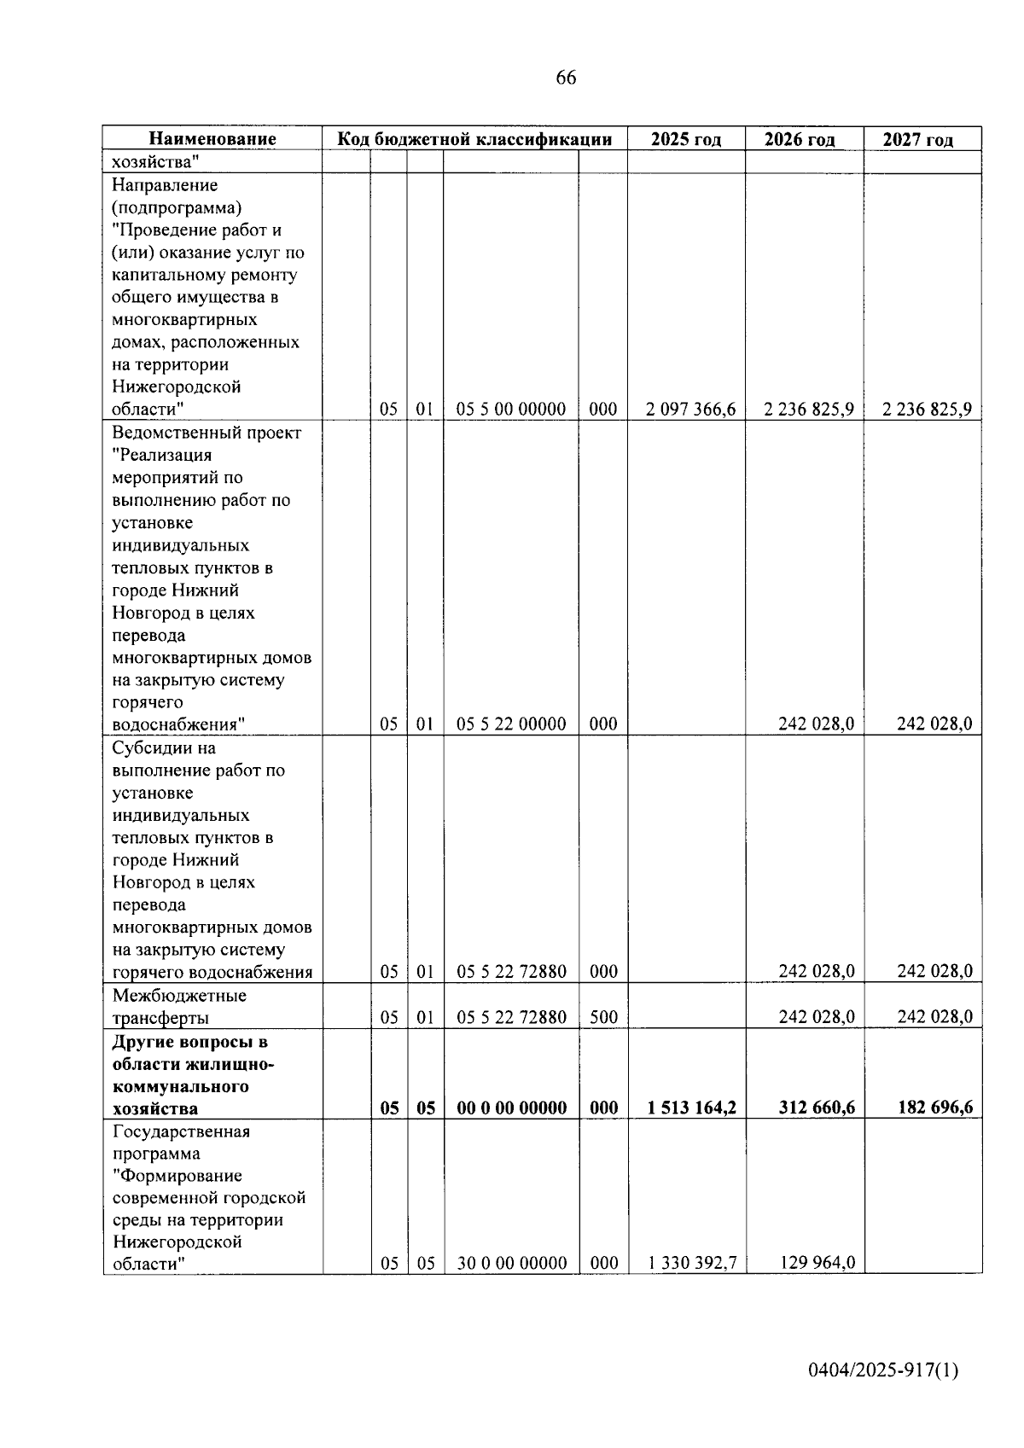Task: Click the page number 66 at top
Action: click(x=566, y=78)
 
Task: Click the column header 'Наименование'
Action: click(x=212, y=139)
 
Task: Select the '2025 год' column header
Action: click(x=685, y=139)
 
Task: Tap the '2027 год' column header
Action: click(x=917, y=139)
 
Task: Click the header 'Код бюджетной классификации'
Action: click(x=474, y=139)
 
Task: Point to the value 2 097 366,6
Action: click(x=690, y=410)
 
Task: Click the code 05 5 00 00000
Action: click(x=511, y=410)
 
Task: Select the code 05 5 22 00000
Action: click(x=511, y=724)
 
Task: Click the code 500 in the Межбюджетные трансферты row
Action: click(x=603, y=1017)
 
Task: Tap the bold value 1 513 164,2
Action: click(x=691, y=1108)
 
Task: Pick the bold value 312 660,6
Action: click(x=816, y=1108)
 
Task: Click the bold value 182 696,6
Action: click(x=934, y=1108)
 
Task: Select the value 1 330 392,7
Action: click(x=692, y=1263)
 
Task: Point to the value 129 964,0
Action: click(x=817, y=1263)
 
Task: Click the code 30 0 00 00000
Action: click(x=511, y=1263)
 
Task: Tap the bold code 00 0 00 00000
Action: click(x=511, y=1108)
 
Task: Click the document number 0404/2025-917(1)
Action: click(x=884, y=1370)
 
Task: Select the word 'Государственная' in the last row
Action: click(x=181, y=1131)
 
